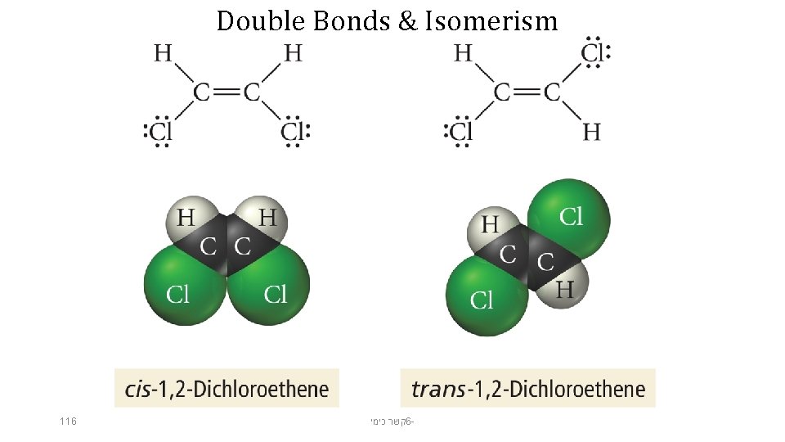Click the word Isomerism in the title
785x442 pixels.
point(491,20)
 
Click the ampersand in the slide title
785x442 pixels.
point(407,20)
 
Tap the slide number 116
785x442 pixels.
point(68,422)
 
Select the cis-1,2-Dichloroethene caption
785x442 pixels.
point(227,388)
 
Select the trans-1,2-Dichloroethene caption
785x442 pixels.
point(527,388)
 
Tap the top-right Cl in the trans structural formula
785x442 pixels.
point(594,53)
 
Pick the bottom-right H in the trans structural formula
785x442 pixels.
point(591,131)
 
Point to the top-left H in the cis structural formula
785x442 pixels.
point(164,53)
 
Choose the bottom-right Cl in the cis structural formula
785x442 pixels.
point(294,131)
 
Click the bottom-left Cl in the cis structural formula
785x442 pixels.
point(159,131)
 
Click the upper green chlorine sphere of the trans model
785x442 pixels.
point(570,217)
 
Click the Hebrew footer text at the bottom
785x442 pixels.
point(392,422)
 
